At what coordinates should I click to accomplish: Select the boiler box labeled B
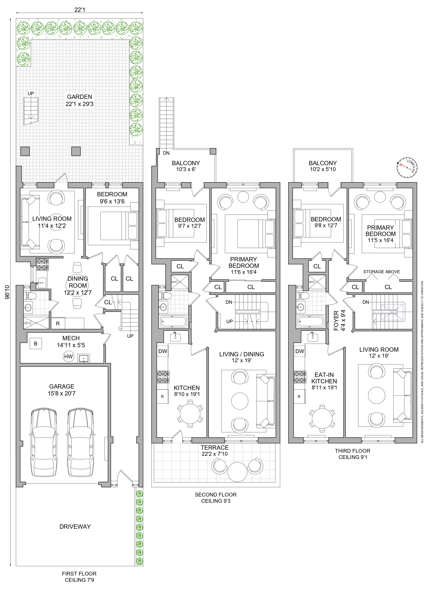tap(36, 344)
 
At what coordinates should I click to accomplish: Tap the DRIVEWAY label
tap(75, 527)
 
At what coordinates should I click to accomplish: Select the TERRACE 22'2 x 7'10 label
tap(215, 451)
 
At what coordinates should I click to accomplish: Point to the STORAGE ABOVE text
tap(381, 272)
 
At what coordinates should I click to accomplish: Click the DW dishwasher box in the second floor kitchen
tap(163, 351)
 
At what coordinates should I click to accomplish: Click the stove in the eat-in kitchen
tap(300, 377)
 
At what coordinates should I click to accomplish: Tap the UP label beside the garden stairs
tap(31, 93)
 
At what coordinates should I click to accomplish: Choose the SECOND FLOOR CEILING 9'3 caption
tap(216, 498)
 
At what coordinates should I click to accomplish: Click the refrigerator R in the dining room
tap(58, 323)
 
